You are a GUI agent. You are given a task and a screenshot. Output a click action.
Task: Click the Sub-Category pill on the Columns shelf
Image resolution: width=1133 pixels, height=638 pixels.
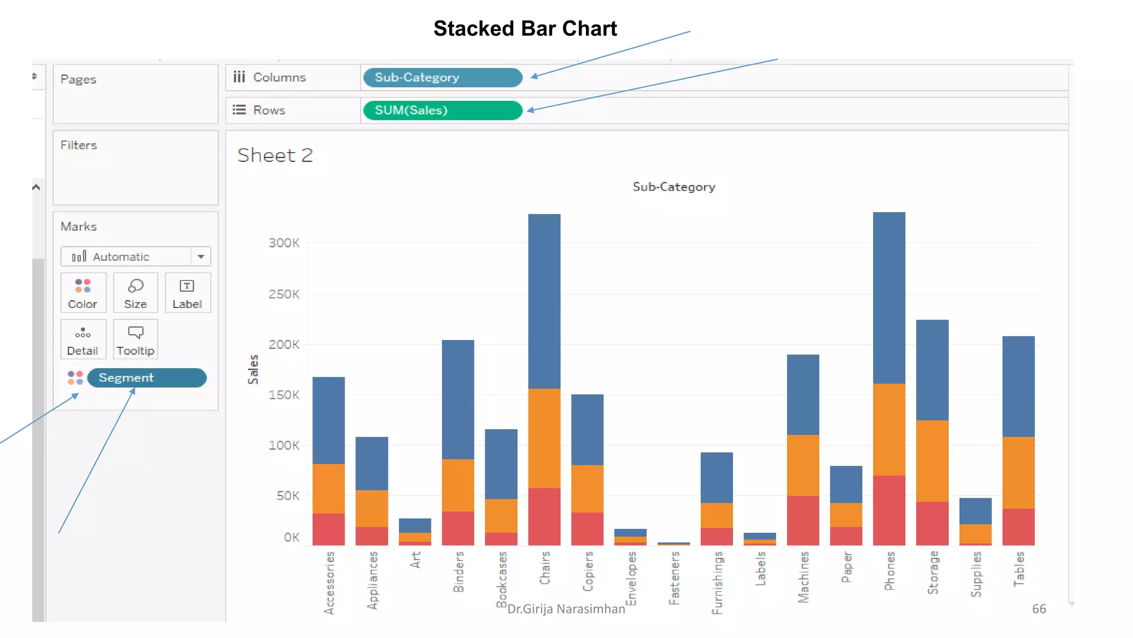point(442,78)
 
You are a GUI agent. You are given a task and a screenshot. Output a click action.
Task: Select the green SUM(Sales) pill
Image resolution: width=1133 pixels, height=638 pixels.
point(442,110)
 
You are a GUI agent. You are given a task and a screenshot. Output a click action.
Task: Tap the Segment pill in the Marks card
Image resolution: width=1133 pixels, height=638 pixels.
point(147,378)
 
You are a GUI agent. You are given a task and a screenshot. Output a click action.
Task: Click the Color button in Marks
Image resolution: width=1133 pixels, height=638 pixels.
point(83,293)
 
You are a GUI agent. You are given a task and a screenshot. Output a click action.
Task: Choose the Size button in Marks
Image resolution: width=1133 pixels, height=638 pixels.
point(136,293)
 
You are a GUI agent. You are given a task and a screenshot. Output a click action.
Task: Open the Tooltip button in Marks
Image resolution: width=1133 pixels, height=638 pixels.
point(136,339)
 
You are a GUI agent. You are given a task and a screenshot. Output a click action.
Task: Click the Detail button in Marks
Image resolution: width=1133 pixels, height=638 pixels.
point(83,339)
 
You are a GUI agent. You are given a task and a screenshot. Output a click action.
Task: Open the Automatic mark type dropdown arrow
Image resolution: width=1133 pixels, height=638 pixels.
point(201,256)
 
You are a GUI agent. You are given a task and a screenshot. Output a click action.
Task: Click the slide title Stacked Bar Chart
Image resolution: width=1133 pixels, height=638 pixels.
point(524,29)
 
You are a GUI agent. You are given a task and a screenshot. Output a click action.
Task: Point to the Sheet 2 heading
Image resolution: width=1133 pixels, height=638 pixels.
point(275,156)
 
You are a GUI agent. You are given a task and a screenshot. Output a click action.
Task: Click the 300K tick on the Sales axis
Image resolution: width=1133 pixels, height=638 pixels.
point(284,243)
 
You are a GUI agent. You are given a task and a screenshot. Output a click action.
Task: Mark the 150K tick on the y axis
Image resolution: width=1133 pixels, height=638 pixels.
point(284,395)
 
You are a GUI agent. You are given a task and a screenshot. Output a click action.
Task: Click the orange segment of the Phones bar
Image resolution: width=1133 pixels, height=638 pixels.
point(889,429)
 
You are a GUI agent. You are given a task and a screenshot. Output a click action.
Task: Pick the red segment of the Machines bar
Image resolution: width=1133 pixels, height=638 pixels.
point(803,520)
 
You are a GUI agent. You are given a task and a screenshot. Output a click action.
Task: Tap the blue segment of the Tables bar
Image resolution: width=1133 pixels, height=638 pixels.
point(1018,386)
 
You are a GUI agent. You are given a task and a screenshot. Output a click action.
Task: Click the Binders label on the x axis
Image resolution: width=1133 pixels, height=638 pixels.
point(459,572)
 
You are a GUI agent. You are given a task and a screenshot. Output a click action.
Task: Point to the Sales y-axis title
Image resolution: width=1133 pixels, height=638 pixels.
point(253,369)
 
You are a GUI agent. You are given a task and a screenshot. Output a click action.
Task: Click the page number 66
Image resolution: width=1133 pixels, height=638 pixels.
point(1038,609)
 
